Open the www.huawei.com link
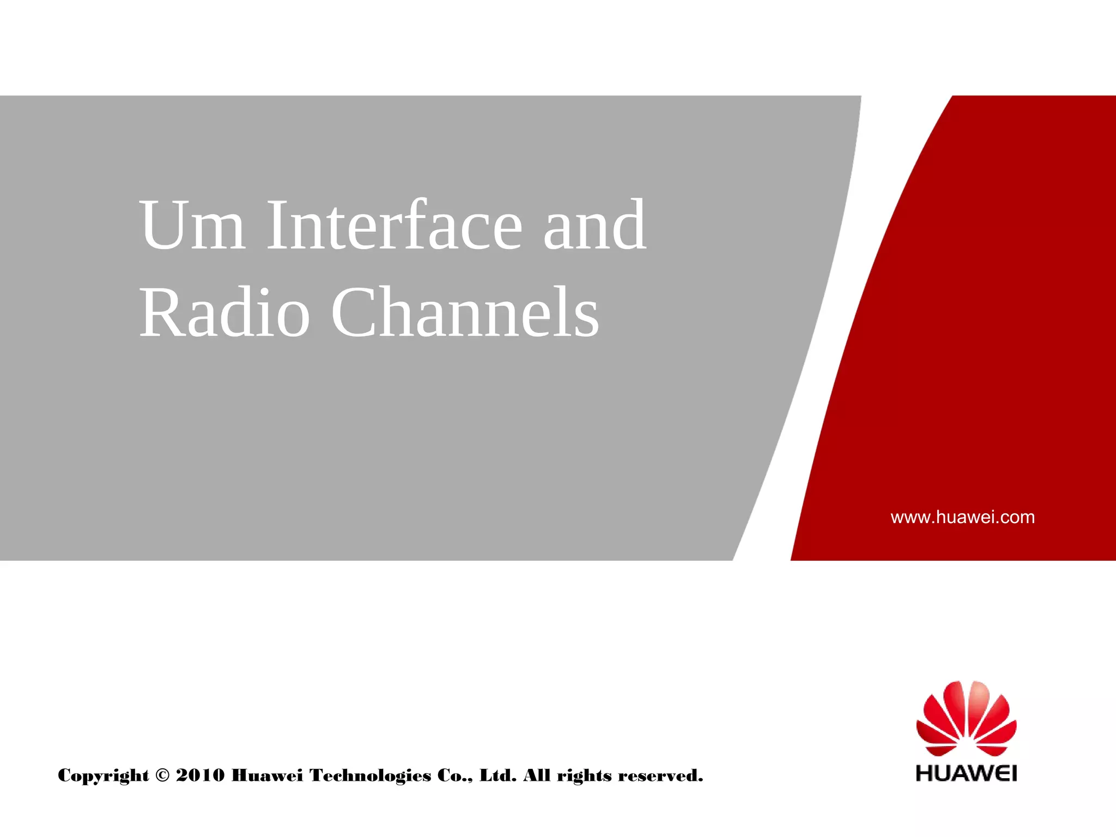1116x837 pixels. click(962, 517)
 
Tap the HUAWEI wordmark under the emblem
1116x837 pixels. click(966, 773)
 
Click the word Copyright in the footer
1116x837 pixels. click(104, 775)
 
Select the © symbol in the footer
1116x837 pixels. click(162, 775)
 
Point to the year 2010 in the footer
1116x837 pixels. click(200, 775)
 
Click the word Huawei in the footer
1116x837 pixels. click(267, 775)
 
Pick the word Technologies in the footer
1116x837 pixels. click(370, 775)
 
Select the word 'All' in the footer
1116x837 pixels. click(537, 775)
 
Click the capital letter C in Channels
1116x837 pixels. click(354, 313)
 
